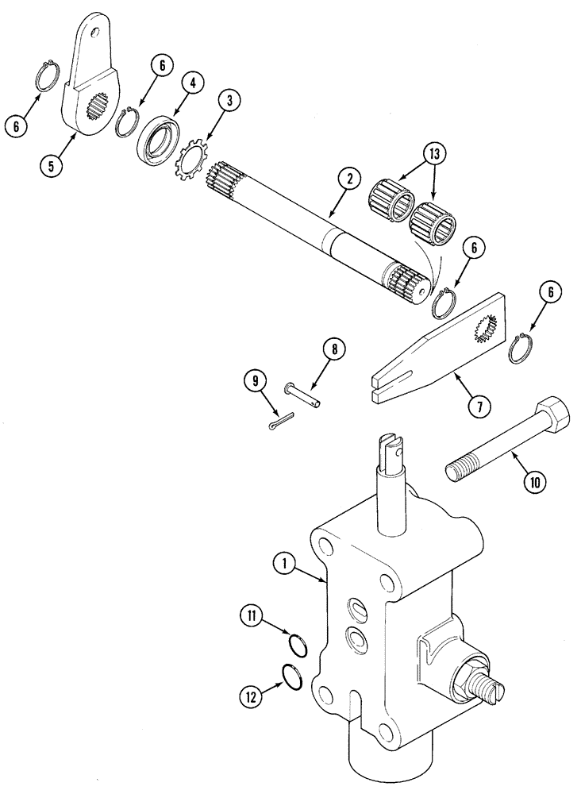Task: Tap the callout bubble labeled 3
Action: [229, 100]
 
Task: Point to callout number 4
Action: [193, 82]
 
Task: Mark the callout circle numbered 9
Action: [255, 381]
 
